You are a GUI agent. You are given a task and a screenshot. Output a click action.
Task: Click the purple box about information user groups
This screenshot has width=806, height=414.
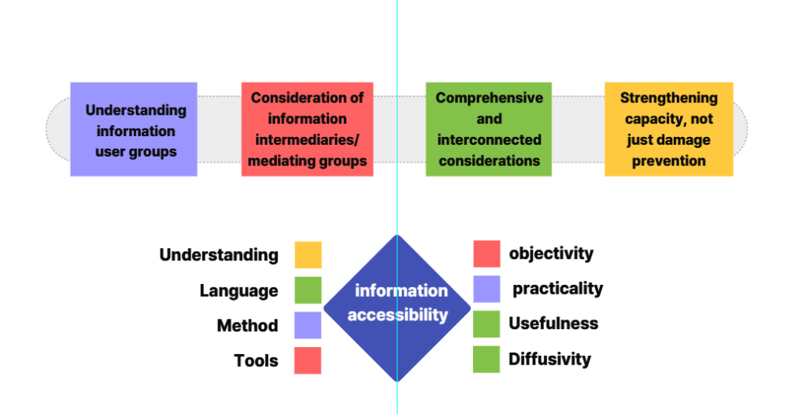pos(133,129)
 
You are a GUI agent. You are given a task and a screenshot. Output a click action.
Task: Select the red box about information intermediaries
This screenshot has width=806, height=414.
pos(307,129)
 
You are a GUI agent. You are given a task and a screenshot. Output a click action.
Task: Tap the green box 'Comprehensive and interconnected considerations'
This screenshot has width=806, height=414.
pos(489,129)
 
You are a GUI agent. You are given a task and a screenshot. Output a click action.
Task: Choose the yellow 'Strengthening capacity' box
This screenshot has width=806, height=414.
pos(668,129)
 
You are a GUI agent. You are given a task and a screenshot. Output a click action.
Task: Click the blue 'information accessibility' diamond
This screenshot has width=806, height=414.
pos(397,307)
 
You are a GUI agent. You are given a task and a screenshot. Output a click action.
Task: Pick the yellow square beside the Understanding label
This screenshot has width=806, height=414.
pos(308,255)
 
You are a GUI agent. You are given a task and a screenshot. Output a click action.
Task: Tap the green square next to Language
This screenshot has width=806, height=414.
pos(308,290)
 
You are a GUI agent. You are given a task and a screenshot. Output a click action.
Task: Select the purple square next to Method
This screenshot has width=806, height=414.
pos(308,325)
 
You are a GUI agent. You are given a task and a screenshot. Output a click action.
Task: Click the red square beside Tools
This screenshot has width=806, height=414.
pos(308,360)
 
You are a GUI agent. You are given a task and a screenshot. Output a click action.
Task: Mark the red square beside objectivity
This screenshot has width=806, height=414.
pos(486,253)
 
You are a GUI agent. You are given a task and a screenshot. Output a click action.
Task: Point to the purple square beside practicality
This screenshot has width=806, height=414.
pos(486,289)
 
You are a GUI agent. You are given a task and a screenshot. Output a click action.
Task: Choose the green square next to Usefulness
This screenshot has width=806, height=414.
pos(486,323)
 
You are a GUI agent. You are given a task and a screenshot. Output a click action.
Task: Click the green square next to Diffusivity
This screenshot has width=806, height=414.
pos(486,359)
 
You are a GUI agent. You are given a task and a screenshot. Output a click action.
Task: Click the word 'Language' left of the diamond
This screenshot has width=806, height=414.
pos(238,290)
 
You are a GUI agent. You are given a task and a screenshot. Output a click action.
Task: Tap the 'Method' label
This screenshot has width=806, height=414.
pos(247,326)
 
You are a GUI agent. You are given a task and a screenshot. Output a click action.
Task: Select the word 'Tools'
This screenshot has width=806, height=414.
pos(256,361)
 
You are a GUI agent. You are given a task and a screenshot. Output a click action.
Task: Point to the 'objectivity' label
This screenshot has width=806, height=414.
pos(551,253)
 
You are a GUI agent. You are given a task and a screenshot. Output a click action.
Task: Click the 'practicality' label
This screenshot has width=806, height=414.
pos(557,289)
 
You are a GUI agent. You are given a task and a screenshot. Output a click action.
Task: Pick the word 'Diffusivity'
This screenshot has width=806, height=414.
pos(549,360)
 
